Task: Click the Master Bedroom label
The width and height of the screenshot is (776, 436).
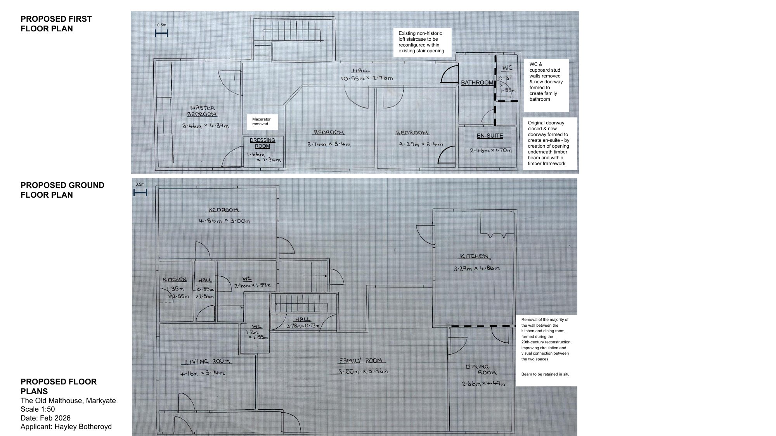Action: point(202,111)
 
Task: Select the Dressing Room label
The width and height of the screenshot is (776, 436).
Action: point(262,143)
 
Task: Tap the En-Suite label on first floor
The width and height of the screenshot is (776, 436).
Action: point(490,136)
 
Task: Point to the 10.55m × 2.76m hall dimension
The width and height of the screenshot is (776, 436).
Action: point(367,78)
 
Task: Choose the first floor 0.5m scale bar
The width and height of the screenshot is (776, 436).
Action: point(161,33)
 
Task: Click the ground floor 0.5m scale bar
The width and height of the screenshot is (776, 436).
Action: point(140,192)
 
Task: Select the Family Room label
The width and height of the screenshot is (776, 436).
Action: point(361,360)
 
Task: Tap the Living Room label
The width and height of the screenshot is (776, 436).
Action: point(207,361)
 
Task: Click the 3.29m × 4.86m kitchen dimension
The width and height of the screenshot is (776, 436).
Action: point(476,268)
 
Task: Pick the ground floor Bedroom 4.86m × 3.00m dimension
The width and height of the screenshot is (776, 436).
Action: point(225,221)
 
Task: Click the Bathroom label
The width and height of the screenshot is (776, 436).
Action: point(477,83)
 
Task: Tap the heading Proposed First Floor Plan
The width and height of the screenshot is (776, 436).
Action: point(56,24)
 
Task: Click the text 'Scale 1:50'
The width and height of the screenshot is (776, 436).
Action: point(38,409)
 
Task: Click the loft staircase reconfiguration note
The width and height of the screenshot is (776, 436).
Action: point(421,42)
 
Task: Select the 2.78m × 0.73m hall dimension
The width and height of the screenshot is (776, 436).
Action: point(303,326)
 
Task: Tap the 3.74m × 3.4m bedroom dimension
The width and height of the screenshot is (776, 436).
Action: point(329,144)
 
